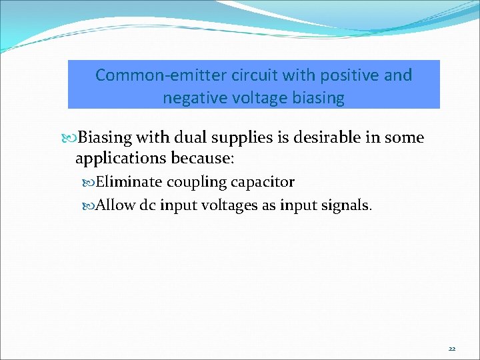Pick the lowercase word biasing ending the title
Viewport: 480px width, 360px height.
point(319,99)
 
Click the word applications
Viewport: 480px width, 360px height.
point(121,160)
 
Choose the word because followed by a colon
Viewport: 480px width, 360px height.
point(202,160)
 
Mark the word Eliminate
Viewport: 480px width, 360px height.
point(129,182)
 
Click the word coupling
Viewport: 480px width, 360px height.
point(196,183)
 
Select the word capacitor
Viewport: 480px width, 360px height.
point(262,183)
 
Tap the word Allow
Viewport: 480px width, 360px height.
point(116,205)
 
